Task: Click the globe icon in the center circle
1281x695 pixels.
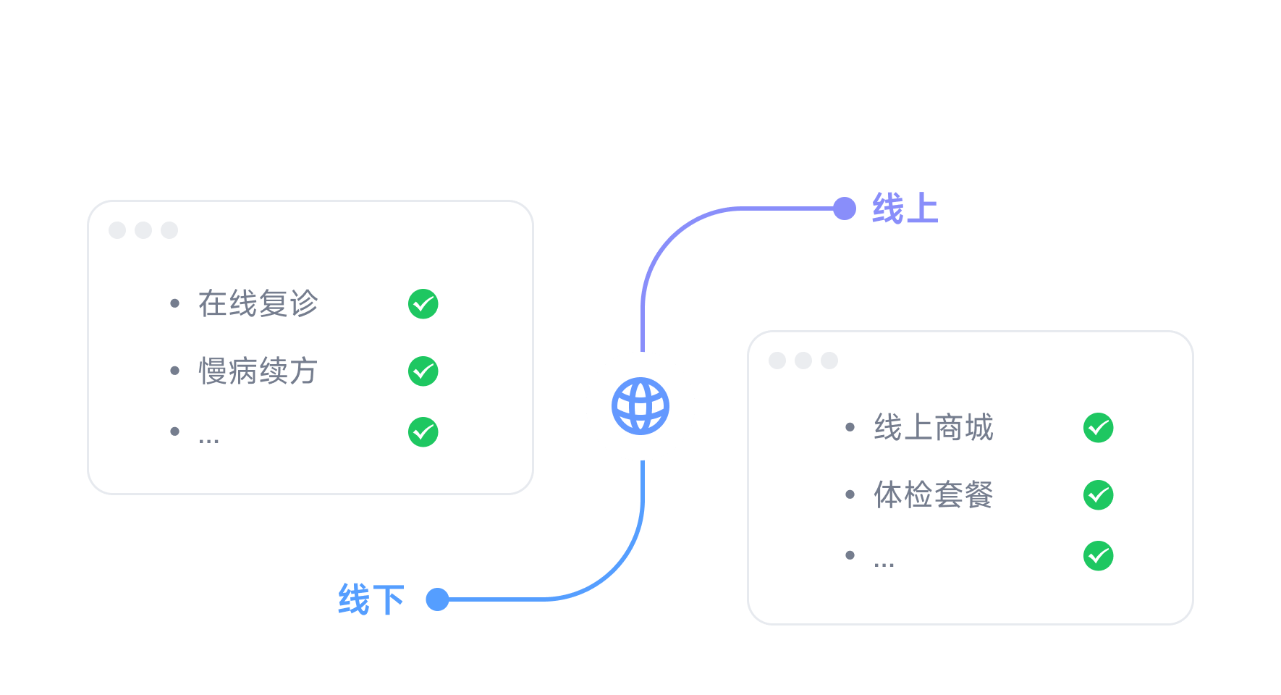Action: click(x=640, y=406)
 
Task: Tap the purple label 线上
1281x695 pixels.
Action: click(x=905, y=208)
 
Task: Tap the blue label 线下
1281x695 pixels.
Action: click(x=371, y=599)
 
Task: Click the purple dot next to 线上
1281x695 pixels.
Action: click(x=845, y=208)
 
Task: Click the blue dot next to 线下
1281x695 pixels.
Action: click(x=437, y=599)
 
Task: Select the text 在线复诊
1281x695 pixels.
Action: click(x=258, y=303)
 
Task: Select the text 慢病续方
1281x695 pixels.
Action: click(x=258, y=371)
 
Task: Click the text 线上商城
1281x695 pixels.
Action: click(x=934, y=427)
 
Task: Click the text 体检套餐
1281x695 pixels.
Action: click(x=934, y=495)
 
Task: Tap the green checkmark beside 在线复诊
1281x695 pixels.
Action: click(x=423, y=304)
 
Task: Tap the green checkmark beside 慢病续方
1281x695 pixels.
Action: click(x=423, y=371)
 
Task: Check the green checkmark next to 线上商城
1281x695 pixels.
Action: click(x=1098, y=428)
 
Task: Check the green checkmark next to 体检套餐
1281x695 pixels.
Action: click(x=1098, y=495)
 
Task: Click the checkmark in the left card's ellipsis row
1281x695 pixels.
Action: click(x=423, y=432)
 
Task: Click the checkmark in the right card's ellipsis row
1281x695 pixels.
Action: click(x=1098, y=556)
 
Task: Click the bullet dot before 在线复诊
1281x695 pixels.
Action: click(x=174, y=303)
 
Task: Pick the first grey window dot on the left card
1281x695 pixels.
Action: click(x=117, y=230)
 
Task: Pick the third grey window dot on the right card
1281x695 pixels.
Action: click(x=829, y=361)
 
